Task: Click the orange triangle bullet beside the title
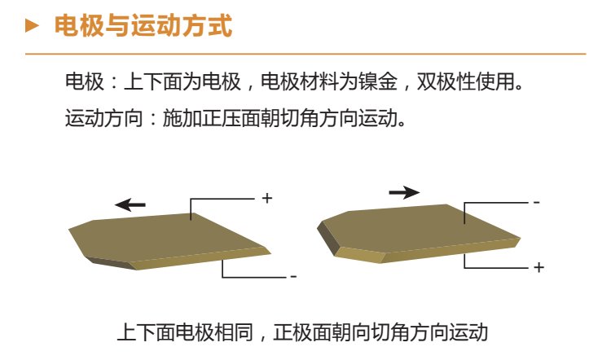click(32, 26)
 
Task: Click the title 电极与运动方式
click(143, 26)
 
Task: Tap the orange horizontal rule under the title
click(305, 54)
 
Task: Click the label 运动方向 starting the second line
click(104, 117)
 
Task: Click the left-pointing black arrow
click(130, 204)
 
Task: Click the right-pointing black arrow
click(404, 192)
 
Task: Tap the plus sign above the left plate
click(267, 198)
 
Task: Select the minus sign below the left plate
click(293, 277)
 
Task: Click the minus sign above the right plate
click(537, 202)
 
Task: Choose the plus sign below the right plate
click(539, 268)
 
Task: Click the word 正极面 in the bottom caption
click(302, 332)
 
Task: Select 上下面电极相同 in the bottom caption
click(185, 332)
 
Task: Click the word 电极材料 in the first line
click(299, 81)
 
